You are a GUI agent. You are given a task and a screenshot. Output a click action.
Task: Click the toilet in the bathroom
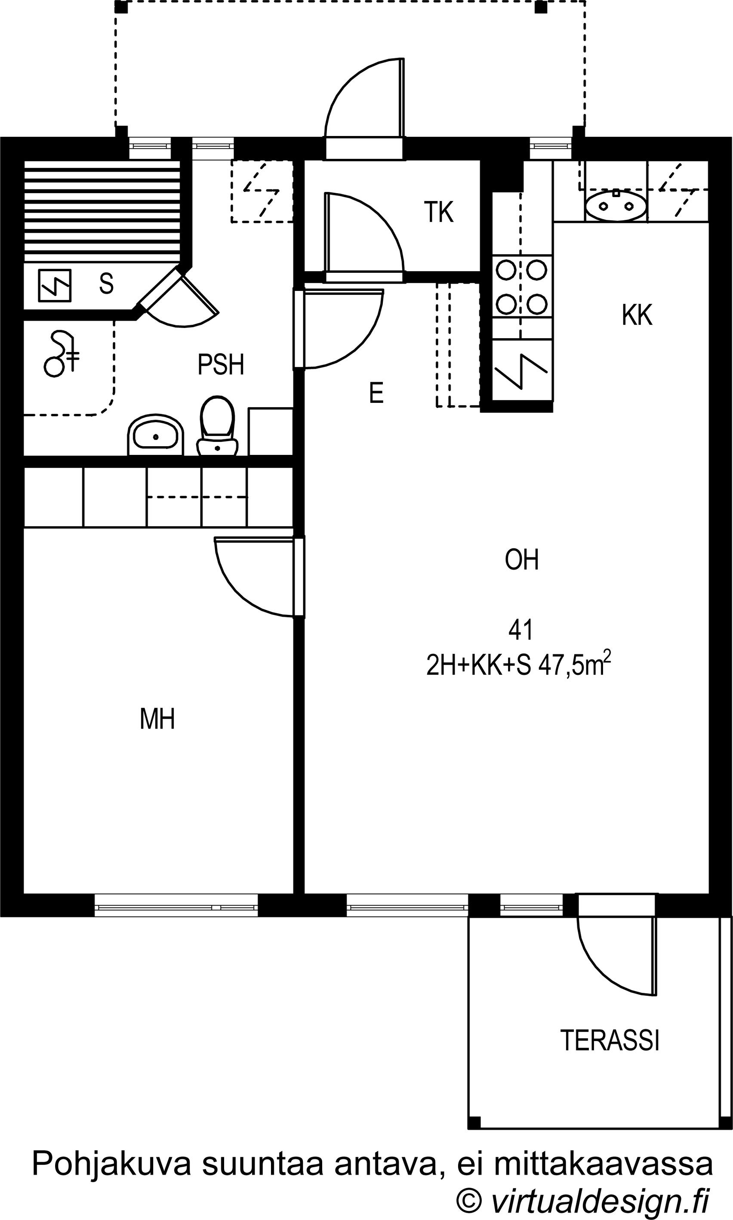tap(217, 426)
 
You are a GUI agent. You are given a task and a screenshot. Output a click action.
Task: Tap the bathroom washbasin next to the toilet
tap(156, 435)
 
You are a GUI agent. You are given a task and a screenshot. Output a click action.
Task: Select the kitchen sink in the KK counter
tap(616, 206)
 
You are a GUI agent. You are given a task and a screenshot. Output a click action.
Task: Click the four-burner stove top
tap(522, 287)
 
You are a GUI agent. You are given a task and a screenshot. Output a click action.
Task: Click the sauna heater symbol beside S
tap(54, 285)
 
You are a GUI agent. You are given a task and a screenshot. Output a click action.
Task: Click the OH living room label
tap(522, 560)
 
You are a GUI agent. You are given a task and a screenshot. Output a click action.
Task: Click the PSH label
tap(221, 364)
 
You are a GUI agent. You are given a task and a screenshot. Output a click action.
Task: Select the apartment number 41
tap(520, 630)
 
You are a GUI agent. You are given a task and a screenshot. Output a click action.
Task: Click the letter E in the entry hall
tap(376, 393)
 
